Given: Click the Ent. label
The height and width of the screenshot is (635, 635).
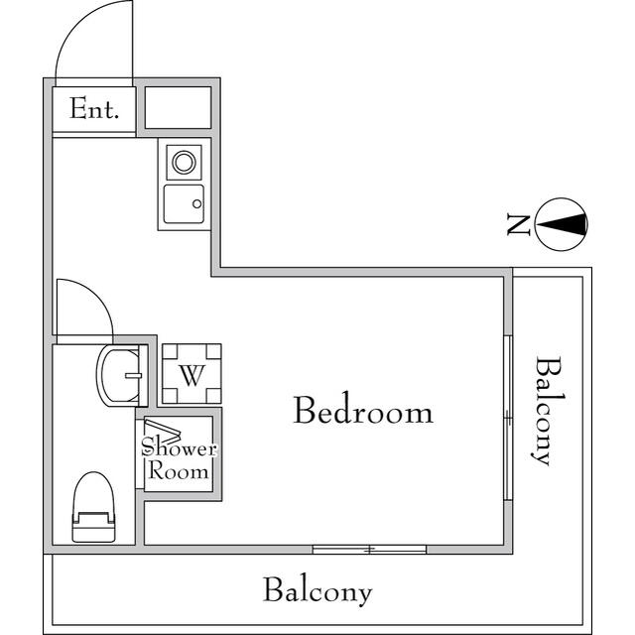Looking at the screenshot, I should pyautogui.click(x=94, y=109).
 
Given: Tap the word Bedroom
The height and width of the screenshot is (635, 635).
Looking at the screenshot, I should pyautogui.click(x=362, y=410).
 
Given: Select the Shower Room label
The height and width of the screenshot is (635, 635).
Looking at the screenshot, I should pyautogui.click(x=179, y=459).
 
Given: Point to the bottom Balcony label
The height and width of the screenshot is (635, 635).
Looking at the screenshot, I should pyautogui.click(x=317, y=591).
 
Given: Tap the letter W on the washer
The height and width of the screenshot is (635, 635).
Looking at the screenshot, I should pyautogui.click(x=191, y=375).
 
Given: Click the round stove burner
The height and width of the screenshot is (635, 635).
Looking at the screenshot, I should pyautogui.click(x=184, y=160).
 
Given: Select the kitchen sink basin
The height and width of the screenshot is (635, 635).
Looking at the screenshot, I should pyautogui.click(x=184, y=204).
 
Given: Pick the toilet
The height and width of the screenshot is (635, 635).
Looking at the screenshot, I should pyautogui.click(x=95, y=506).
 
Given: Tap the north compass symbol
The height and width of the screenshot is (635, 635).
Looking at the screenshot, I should pyautogui.click(x=562, y=225).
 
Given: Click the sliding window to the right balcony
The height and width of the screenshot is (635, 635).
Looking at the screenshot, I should pyautogui.click(x=508, y=417).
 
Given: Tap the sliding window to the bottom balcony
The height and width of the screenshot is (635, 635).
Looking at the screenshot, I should pyautogui.click(x=368, y=549).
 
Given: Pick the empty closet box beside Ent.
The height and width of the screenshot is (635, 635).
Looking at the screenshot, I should pyautogui.click(x=179, y=108).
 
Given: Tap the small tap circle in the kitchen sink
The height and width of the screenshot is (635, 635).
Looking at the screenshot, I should pyautogui.click(x=196, y=204).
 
